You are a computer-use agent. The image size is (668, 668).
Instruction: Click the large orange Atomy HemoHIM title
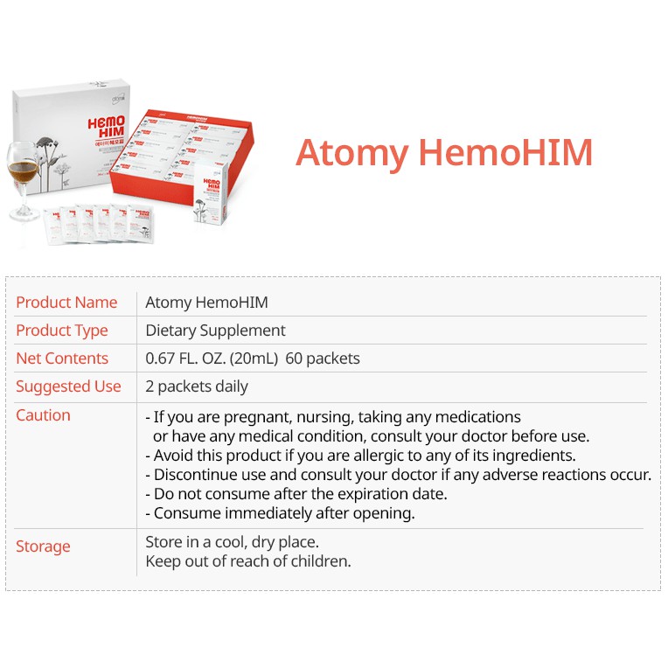pos(444,153)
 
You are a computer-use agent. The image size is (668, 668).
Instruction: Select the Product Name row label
pos(66,303)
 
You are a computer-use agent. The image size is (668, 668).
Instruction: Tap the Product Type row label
pos(62,331)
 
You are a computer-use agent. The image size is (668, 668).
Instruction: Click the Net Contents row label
pos(62,358)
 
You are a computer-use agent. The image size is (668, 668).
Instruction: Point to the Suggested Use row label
pos(68,386)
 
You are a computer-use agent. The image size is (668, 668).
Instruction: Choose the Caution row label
pos(43,415)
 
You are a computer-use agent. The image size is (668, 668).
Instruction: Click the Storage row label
pos(43,546)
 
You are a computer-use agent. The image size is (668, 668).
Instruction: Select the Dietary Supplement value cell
pos(215,331)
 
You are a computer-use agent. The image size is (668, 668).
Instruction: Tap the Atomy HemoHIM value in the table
pos(206,303)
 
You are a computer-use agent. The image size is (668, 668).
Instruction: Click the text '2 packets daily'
pos(197,386)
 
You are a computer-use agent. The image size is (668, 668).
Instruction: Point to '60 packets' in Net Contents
pos(322,358)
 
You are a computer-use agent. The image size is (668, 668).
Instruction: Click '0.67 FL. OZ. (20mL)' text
pos(220,358)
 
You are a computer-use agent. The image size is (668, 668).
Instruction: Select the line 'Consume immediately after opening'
pos(280,513)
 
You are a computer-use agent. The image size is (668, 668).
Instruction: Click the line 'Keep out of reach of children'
pos(248,561)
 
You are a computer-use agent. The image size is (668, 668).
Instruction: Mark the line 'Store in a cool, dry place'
pos(232,542)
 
